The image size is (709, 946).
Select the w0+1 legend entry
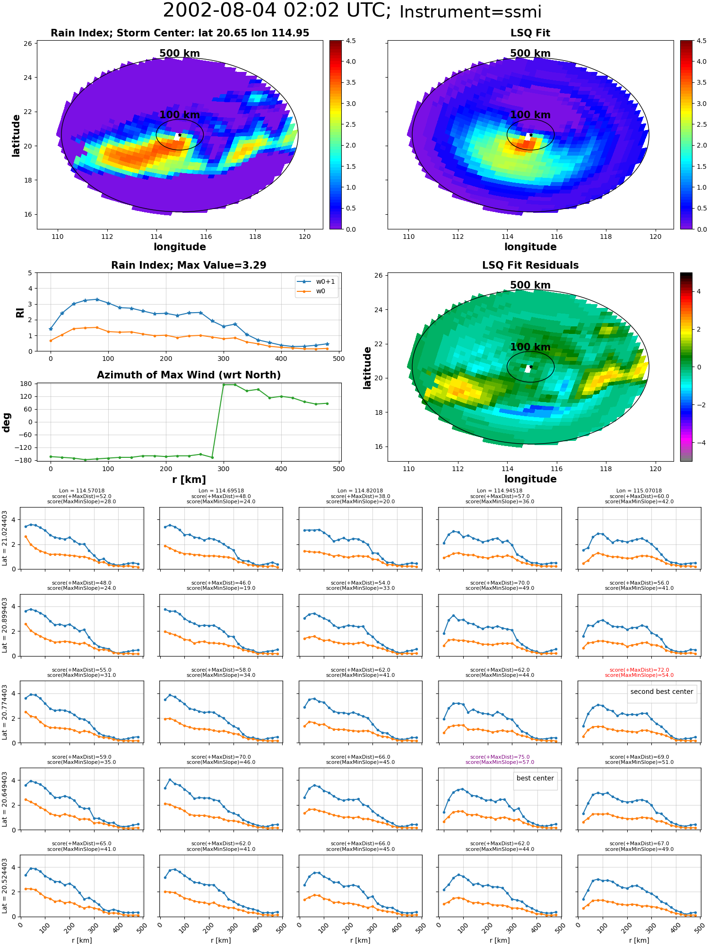tap(316, 281)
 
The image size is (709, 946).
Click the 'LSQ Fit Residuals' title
tap(530, 265)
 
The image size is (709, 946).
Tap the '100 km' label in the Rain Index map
tap(180, 115)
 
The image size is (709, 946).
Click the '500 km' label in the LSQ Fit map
tap(530, 53)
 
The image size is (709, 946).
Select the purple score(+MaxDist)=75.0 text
tap(500, 757)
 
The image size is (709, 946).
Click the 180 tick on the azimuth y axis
tap(26, 384)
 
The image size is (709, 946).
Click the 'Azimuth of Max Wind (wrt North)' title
tap(189, 375)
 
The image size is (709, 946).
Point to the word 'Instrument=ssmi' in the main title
tap(470, 12)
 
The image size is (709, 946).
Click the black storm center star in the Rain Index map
tap(180, 135)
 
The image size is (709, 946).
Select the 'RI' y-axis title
tap(20, 312)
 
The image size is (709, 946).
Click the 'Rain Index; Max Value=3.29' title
tap(189, 265)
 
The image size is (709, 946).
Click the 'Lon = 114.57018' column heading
tap(82, 491)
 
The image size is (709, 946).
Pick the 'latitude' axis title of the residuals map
tap(367, 368)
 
